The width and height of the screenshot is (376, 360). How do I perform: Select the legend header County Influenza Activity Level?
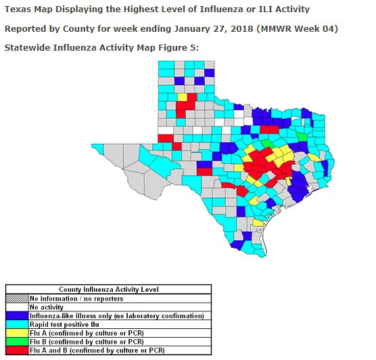pos(108,289)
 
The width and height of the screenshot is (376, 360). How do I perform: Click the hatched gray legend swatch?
pos(17,298)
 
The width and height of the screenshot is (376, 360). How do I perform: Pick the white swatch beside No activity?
pos(17,307)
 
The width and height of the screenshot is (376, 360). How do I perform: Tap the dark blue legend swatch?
pos(17,315)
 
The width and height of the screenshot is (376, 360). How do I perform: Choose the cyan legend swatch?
pos(17,324)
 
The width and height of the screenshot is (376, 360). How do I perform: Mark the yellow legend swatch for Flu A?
pos(17,333)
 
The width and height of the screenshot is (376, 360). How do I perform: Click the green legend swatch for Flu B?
pos(17,342)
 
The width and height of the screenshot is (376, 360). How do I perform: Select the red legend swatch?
pos(17,351)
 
